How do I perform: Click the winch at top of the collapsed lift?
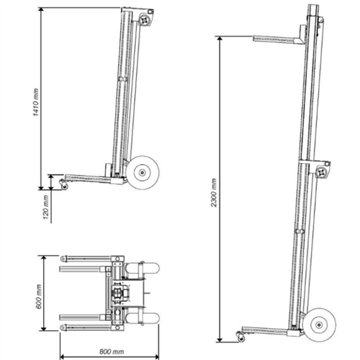[x=148, y=19]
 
